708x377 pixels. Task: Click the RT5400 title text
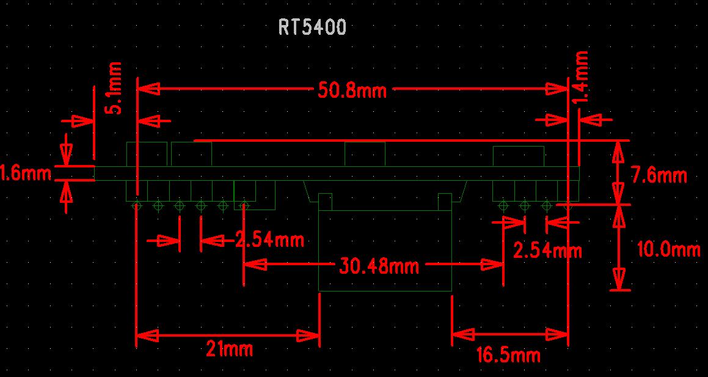pos(312,27)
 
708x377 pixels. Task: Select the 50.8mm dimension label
pos(352,91)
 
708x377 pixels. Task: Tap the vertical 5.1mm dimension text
pos(115,87)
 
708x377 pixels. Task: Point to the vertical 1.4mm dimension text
pos(582,76)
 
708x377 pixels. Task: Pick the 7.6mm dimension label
pos(659,176)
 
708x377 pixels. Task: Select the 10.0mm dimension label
pos(668,249)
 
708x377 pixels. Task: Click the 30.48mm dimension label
pos(379,266)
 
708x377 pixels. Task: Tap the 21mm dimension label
pos(229,350)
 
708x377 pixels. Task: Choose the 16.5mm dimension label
pos(508,355)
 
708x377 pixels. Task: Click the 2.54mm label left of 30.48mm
pos(269,240)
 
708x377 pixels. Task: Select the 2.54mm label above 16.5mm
pos(547,251)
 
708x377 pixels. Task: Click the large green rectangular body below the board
pos(385,251)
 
